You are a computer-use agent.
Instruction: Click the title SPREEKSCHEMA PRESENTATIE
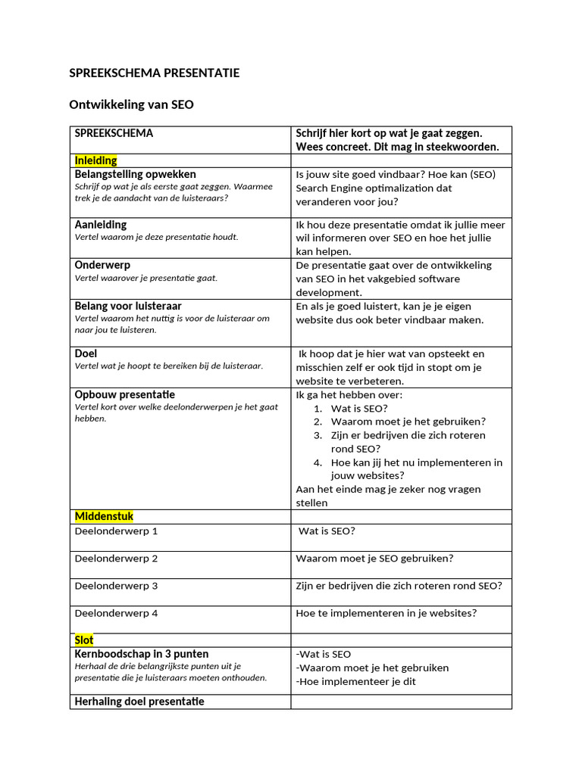[155, 73]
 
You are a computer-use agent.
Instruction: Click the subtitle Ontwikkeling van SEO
[131, 105]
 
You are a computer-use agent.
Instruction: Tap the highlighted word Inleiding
[95, 160]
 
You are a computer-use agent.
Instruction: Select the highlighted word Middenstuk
[104, 516]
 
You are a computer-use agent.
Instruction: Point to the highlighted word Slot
[84, 640]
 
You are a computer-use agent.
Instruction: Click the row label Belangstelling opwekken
[135, 174]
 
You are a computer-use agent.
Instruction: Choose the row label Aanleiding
[101, 225]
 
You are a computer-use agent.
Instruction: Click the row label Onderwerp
[102, 266]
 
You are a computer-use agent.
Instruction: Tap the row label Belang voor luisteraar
[128, 307]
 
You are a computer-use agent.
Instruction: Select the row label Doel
[86, 353]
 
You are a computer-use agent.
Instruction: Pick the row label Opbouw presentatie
[124, 394]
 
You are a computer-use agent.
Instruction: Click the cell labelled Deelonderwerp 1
[116, 531]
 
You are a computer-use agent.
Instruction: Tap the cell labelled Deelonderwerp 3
[116, 586]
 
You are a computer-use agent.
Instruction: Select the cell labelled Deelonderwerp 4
[116, 613]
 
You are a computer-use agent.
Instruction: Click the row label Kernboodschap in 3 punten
[141, 654]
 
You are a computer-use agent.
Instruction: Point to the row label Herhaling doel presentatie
[139, 702]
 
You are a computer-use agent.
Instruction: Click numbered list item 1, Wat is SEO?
[358, 408]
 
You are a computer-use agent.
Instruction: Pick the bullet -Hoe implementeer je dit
[355, 681]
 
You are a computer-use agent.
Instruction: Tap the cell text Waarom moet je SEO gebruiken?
[374, 559]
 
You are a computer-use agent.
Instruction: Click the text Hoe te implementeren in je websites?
[386, 613]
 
